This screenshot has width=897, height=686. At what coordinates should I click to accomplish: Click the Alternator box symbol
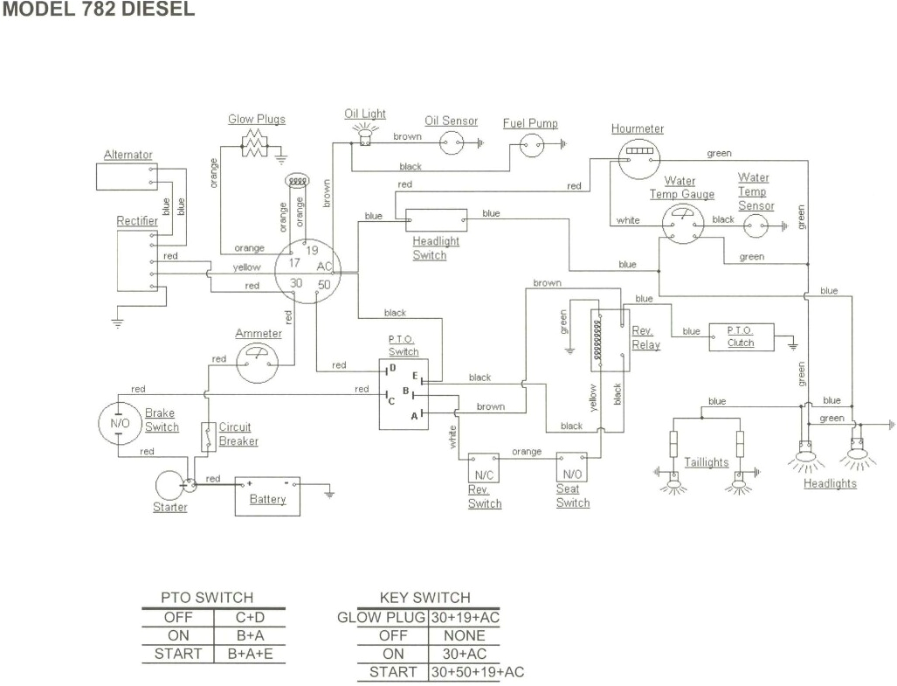pos(123,176)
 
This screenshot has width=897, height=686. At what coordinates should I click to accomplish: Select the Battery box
pos(267,495)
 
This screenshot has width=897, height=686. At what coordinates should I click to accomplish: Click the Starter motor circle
pos(169,484)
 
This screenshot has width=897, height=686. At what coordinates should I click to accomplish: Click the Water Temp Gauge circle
pos(682,225)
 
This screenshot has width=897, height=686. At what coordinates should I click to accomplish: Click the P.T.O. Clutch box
pos(741,336)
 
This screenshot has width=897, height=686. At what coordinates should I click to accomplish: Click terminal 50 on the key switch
pos(323,284)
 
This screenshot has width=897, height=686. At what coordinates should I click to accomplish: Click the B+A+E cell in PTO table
pos(249,653)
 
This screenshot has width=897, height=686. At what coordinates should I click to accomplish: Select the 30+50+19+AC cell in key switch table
pos(476,672)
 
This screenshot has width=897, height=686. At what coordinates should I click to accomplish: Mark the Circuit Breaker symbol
pos(208,436)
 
